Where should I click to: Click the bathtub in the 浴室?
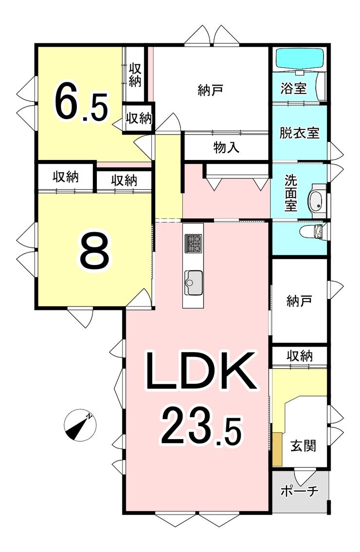300,59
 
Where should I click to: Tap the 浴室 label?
294,89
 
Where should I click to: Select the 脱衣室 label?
299,133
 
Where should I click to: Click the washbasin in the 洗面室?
317,199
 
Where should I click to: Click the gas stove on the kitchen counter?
193,243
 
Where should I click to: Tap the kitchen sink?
193,282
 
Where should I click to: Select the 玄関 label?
303,445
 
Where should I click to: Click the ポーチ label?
299,491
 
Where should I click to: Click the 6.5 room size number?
81,103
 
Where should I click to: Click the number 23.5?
200,426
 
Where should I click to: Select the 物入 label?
226,148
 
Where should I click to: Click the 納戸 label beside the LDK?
299,302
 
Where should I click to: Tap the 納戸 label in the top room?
211,90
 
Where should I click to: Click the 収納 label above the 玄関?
299,356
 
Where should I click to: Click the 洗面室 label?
290,193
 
